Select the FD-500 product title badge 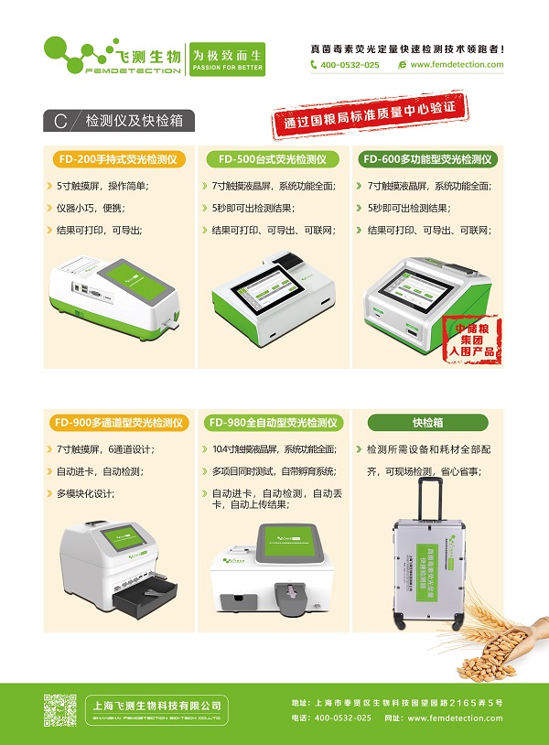[272, 159]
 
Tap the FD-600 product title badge [428, 159]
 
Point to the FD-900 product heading [119, 423]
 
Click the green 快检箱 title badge [427, 423]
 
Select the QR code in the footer [60, 710]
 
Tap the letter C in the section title [60, 121]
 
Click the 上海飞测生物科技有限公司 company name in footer [158, 705]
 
